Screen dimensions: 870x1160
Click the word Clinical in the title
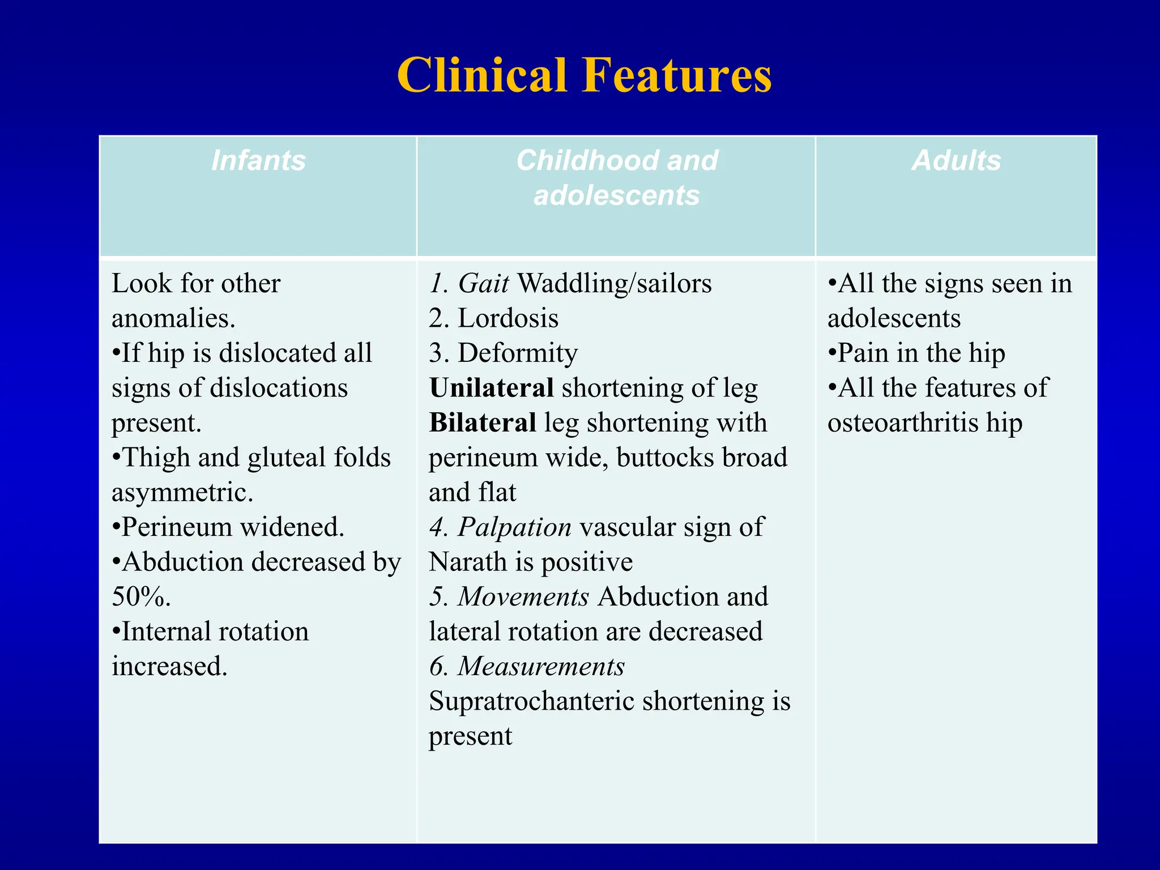click(482, 75)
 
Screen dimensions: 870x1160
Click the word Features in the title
click(677, 75)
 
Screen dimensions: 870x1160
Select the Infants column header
click(258, 160)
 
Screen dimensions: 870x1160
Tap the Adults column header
click(956, 160)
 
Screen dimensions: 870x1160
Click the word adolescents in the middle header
click(616, 195)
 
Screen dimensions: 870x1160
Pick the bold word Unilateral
click(491, 388)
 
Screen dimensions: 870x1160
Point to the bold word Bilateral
click(483, 423)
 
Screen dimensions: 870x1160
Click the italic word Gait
click(483, 283)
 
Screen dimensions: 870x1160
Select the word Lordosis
click(507, 318)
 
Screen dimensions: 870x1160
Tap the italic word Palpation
click(514, 527)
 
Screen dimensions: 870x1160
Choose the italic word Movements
click(523, 597)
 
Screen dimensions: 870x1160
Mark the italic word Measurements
click(541, 667)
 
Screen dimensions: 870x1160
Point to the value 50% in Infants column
click(140, 597)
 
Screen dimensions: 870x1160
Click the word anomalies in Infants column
click(173, 318)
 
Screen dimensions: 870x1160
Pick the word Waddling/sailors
click(615, 283)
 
